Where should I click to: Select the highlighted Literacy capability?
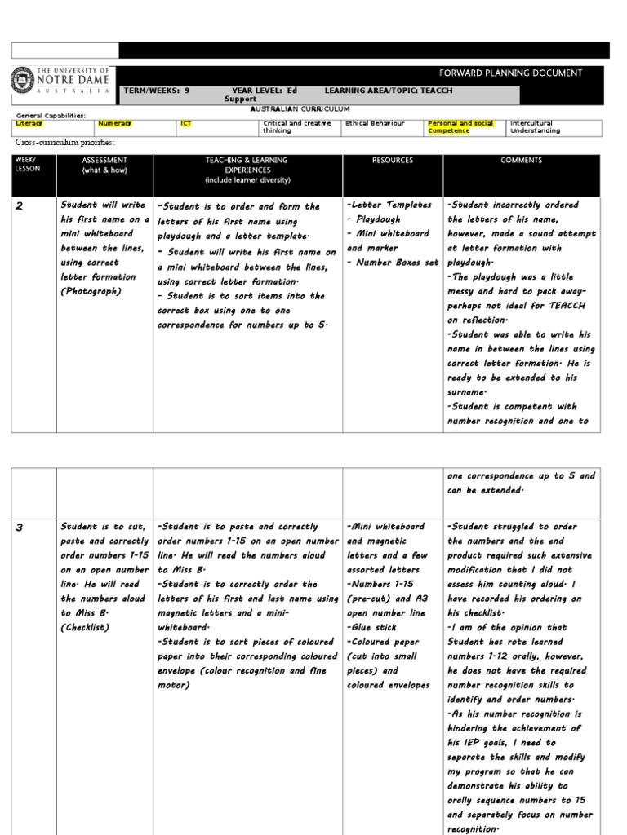pos(29,123)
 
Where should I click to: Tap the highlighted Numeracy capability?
pos(115,123)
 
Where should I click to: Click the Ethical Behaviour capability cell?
pos(375,123)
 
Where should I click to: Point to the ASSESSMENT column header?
pos(104,166)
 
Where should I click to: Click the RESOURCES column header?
pos(393,161)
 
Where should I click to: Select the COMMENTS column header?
pos(522,161)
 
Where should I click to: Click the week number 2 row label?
pos(20,207)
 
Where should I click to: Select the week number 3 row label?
pos(20,528)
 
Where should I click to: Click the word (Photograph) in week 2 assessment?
pos(91,292)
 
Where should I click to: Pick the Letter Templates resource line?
pos(389,205)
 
